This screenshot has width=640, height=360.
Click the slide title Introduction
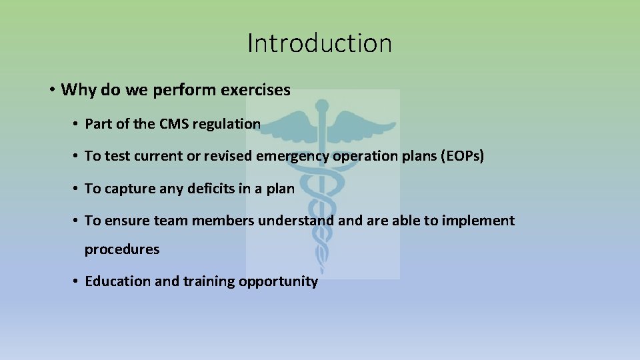coord(319,43)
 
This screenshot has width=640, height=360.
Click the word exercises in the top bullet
coord(256,90)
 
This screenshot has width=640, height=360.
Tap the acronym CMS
coord(174,123)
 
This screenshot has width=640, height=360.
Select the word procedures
coord(122,249)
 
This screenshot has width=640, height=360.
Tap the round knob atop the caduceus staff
coord(323,105)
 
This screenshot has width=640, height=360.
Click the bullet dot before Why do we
coord(51,90)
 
